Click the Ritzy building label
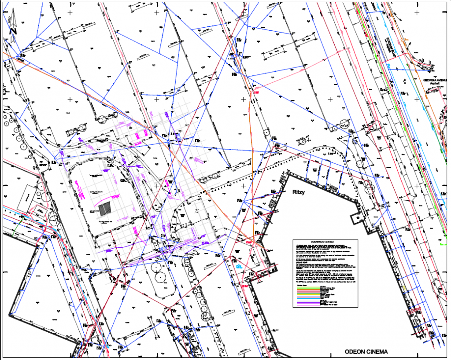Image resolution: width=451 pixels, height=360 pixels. (x=299, y=192)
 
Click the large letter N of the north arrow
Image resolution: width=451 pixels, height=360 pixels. (x=13, y=31)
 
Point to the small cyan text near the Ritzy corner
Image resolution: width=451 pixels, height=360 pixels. (x=239, y=267)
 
